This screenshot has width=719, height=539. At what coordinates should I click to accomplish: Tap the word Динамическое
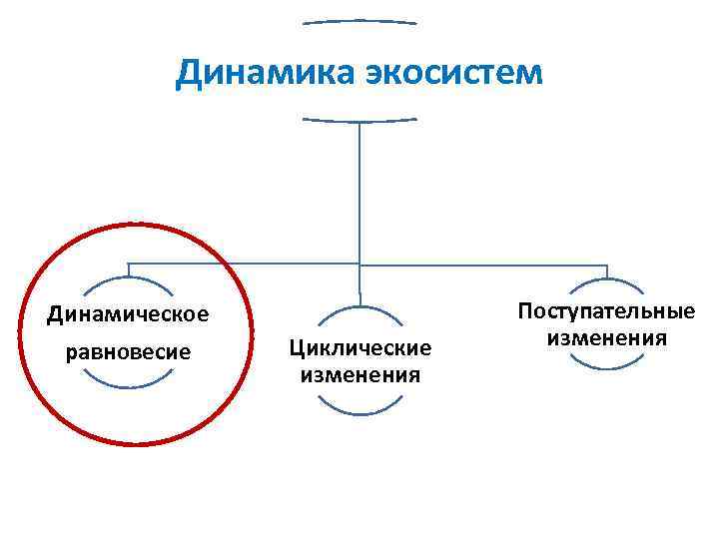pyautogui.click(x=129, y=314)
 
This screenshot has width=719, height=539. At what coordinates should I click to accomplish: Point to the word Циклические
pyautogui.click(x=359, y=347)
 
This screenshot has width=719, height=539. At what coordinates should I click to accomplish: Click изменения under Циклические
pyautogui.click(x=359, y=375)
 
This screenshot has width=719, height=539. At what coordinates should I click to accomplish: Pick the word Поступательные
pyautogui.click(x=606, y=311)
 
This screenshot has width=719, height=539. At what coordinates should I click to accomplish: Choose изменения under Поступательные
pyautogui.click(x=606, y=338)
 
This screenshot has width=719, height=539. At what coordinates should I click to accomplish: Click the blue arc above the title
pyautogui.click(x=359, y=20)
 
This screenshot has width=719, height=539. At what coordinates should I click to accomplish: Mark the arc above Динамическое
pyautogui.click(x=129, y=282)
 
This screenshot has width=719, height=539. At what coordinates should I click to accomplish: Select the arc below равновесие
pyautogui.click(x=129, y=382)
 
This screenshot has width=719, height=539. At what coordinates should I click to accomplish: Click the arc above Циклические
pyautogui.click(x=359, y=309)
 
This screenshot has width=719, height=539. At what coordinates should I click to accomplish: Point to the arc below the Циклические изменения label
pyautogui.click(x=359, y=409)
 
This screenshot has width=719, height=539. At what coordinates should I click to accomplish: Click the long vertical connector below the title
pyautogui.click(x=359, y=190)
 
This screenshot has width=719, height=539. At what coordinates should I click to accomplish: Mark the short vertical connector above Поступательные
pyautogui.click(x=606, y=271)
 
